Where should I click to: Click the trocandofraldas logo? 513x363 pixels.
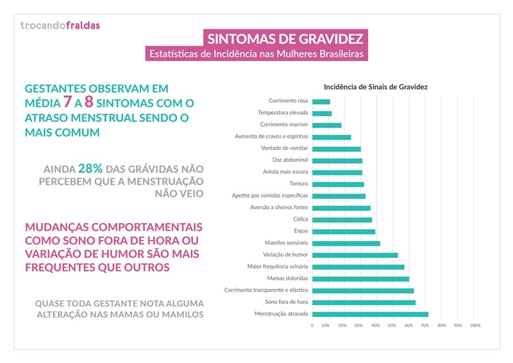tap(60, 26)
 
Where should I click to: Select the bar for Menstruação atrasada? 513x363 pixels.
tap(370, 314)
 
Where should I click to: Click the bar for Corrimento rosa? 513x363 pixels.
tap(321, 101)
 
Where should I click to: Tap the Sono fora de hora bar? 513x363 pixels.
tap(364, 302)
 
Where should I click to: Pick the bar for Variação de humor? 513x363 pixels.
tap(355, 255)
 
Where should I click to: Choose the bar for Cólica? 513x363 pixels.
tap(342, 219)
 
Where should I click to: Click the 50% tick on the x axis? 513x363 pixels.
tap(393, 326)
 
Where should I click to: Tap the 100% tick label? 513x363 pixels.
tap(475, 326)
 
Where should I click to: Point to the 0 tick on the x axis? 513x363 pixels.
tap(312, 326)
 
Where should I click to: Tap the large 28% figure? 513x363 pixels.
tap(89, 169)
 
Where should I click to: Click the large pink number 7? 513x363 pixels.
tap(67, 101)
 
